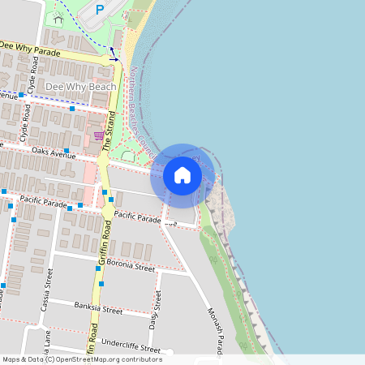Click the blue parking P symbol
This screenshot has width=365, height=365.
pyautogui.click(x=100, y=10)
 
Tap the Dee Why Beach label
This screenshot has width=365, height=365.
pyautogui.click(x=81, y=86)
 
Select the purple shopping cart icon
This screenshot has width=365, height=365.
pyautogui.click(x=98, y=135)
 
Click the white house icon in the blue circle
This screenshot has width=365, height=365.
pyautogui.click(x=182, y=175)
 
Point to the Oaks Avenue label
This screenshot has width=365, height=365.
pyautogui.click(x=54, y=152)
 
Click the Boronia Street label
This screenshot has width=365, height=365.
pyautogui.click(x=133, y=267)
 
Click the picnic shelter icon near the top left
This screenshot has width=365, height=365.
pyautogui.click(x=58, y=17)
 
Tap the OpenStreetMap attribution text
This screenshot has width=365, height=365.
pyautogui.click(x=81, y=359)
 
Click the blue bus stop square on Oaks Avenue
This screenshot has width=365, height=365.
pyautogui.click(x=65, y=152)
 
